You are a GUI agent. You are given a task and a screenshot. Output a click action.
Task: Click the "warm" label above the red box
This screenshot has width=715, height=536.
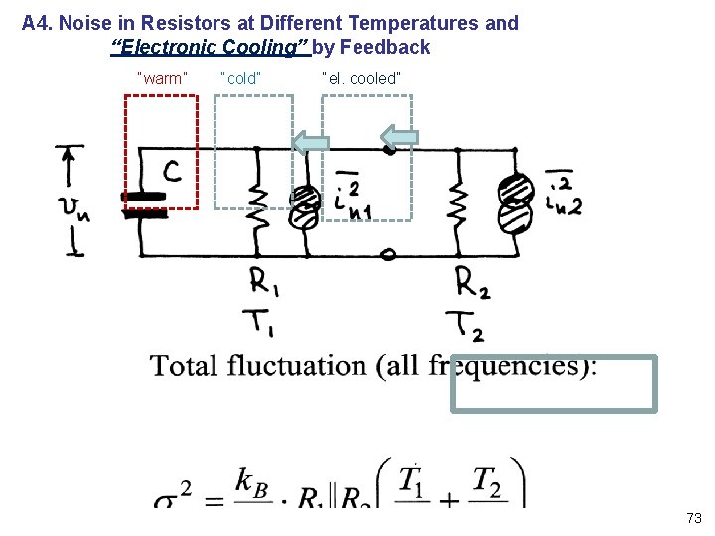coord(161,77)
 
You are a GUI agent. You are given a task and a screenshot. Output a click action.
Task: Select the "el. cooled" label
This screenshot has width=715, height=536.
coord(361,77)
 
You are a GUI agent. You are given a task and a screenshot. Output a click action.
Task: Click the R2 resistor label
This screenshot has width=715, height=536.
coord(472,283)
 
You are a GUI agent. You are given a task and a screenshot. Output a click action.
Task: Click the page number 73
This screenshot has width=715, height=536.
coord(693,518)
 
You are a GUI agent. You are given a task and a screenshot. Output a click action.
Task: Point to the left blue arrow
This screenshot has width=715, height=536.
coord(310,143)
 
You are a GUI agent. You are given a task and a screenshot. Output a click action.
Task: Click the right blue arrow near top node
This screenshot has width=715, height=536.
coord(400,138)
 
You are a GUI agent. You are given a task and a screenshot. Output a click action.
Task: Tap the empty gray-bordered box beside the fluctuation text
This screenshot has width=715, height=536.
coord(553,383)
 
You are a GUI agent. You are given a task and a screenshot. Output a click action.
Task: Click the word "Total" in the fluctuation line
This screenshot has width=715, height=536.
coord(184,365)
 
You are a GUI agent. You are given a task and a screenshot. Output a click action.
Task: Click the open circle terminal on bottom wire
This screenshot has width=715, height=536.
coord(388,255)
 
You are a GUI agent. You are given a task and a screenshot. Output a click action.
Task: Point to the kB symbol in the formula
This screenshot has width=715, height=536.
coord(254,480)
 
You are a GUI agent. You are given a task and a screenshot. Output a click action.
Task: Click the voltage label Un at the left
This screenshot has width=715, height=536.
coord(75,208)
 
